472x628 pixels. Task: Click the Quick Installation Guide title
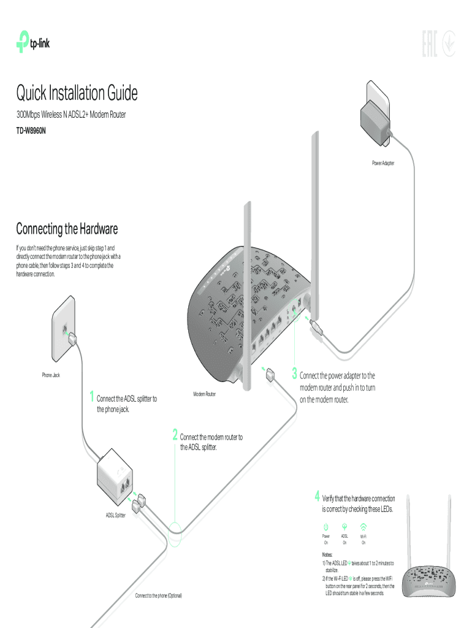pyautogui.click(x=77, y=94)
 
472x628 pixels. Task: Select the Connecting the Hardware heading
pyautogui.click(x=66, y=229)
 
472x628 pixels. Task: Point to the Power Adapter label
pyautogui.click(x=383, y=163)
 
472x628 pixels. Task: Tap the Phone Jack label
pyautogui.click(x=51, y=374)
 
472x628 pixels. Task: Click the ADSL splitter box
pyautogui.click(x=116, y=474)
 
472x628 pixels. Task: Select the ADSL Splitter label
pyautogui.click(x=112, y=515)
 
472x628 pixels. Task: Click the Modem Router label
pyautogui.click(x=204, y=394)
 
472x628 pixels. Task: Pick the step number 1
pyautogui.click(x=91, y=397)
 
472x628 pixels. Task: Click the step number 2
pyautogui.click(x=175, y=435)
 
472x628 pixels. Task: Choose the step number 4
pyautogui.click(x=317, y=496)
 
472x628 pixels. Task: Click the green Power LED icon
pyautogui.click(x=326, y=527)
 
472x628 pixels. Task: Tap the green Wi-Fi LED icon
pyautogui.click(x=364, y=527)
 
